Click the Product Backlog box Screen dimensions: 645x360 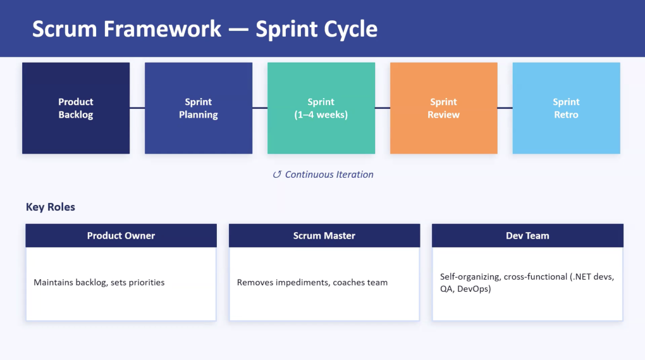[76, 108]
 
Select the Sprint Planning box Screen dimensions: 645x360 [199, 108]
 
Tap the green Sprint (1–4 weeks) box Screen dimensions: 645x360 [321, 108]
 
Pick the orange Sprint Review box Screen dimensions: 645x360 [443, 108]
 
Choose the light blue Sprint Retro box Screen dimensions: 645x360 [566, 108]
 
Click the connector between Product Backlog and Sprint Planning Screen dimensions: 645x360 [137, 108]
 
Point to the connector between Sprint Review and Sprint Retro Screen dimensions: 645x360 [505, 108]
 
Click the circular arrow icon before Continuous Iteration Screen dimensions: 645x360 [277, 175]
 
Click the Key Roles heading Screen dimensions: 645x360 [50, 207]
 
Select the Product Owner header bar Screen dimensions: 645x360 [121, 236]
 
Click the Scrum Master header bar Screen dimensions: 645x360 [324, 236]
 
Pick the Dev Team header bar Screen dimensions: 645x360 [527, 236]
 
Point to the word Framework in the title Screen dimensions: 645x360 [162, 29]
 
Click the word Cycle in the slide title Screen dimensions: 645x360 [350, 30]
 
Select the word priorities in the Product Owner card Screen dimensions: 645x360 [147, 283]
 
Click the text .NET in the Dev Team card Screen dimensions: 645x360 [580, 276]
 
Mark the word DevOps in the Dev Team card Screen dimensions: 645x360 [474, 289]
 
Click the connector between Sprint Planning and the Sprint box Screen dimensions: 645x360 [259, 108]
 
